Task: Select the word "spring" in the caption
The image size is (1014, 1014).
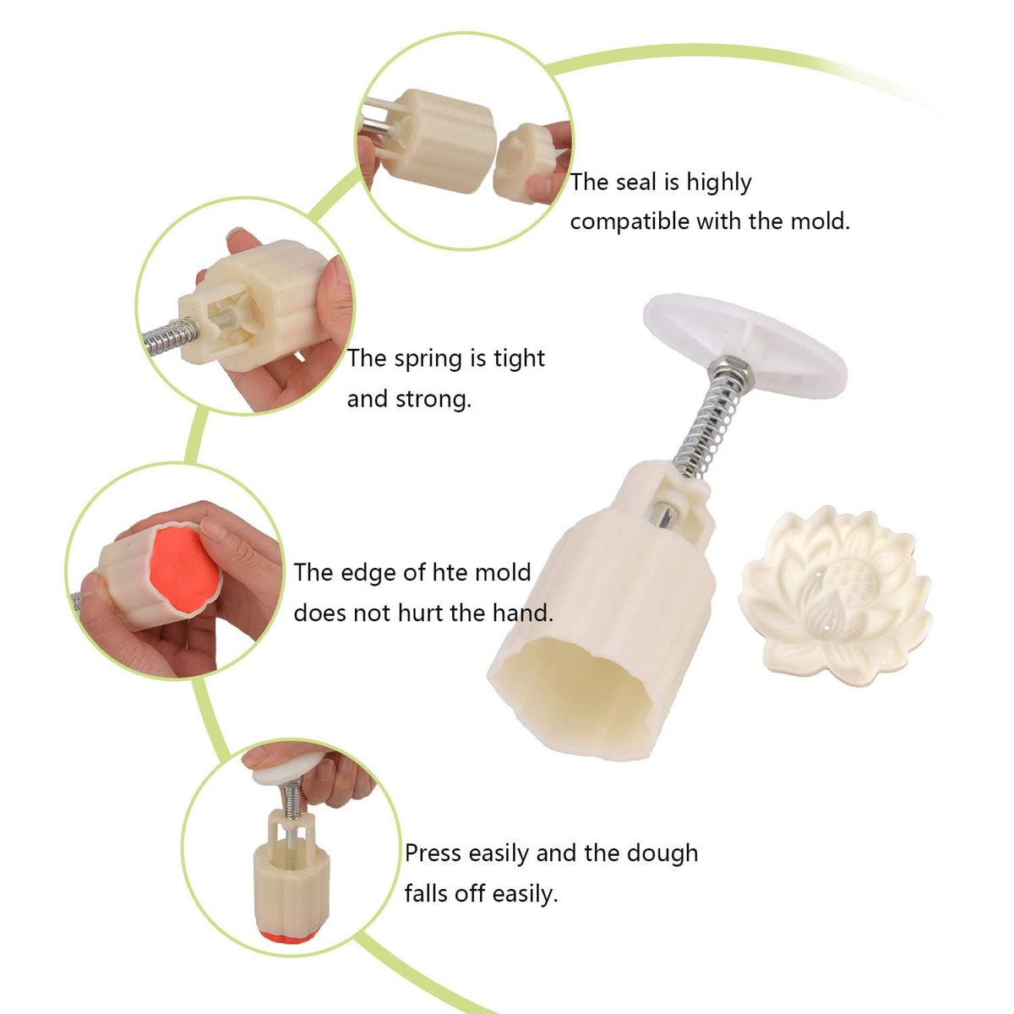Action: tap(432, 360)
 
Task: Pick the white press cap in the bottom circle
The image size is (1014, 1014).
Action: tap(287, 768)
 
